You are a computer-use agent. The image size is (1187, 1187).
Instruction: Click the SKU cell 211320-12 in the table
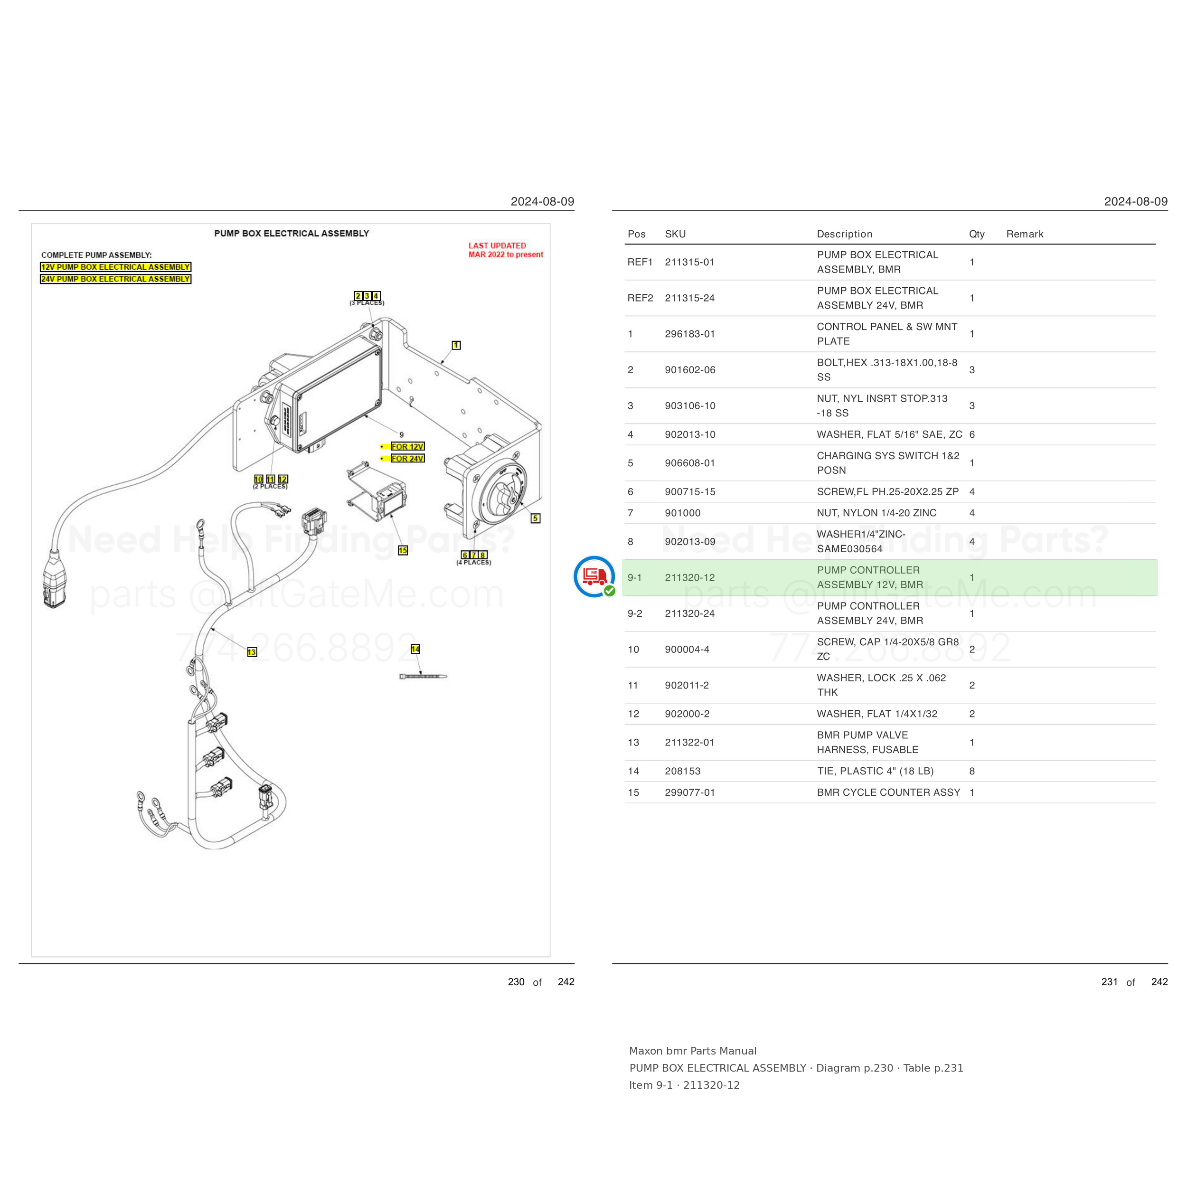click(689, 577)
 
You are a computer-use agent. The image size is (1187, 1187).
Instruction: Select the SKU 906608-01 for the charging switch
click(690, 463)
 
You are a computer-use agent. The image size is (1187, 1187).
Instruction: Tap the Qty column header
click(977, 234)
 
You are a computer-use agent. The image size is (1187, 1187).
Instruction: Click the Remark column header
click(1025, 234)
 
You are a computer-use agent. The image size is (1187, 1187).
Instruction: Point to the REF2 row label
click(640, 298)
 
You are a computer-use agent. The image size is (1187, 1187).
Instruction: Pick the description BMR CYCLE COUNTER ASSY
click(888, 792)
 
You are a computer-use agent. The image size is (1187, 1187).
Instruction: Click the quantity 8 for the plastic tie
click(972, 771)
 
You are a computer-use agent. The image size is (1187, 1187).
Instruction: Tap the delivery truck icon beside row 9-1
click(594, 576)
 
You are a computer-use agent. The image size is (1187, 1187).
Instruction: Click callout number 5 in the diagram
click(536, 518)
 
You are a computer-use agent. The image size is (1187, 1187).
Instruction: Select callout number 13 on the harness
click(252, 652)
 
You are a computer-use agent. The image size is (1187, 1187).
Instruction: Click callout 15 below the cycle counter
click(403, 550)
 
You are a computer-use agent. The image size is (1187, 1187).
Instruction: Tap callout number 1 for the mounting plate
click(456, 345)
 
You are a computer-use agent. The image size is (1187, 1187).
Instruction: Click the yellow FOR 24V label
click(407, 458)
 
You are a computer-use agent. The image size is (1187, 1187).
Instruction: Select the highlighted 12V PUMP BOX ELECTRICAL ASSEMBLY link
click(115, 267)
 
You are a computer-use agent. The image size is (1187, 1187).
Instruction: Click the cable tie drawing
click(424, 677)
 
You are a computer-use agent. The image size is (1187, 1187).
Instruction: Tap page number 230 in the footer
click(516, 982)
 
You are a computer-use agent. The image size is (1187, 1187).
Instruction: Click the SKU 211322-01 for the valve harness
click(689, 742)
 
